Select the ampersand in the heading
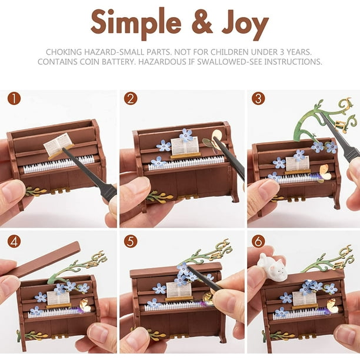coord(202,22)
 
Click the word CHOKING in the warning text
coord(64,52)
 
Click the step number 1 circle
coord(14,98)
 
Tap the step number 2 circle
coord(131,98)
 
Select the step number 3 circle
coord(258,98)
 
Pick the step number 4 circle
coord(14,241)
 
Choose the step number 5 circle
coord(131,241)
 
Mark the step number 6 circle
coord(258,241)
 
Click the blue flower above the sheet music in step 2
coord(186,135)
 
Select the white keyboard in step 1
coord(59,164)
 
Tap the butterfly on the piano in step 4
coord(85,305)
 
